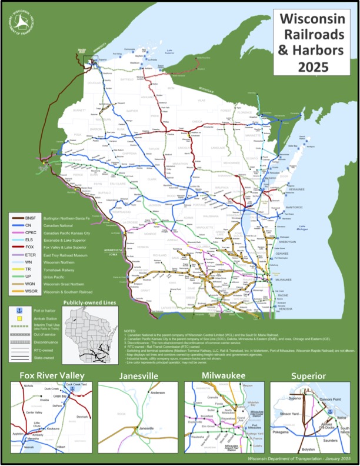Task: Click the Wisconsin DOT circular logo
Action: tap(21, 21)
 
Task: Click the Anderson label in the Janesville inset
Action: tap(158, 392)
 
